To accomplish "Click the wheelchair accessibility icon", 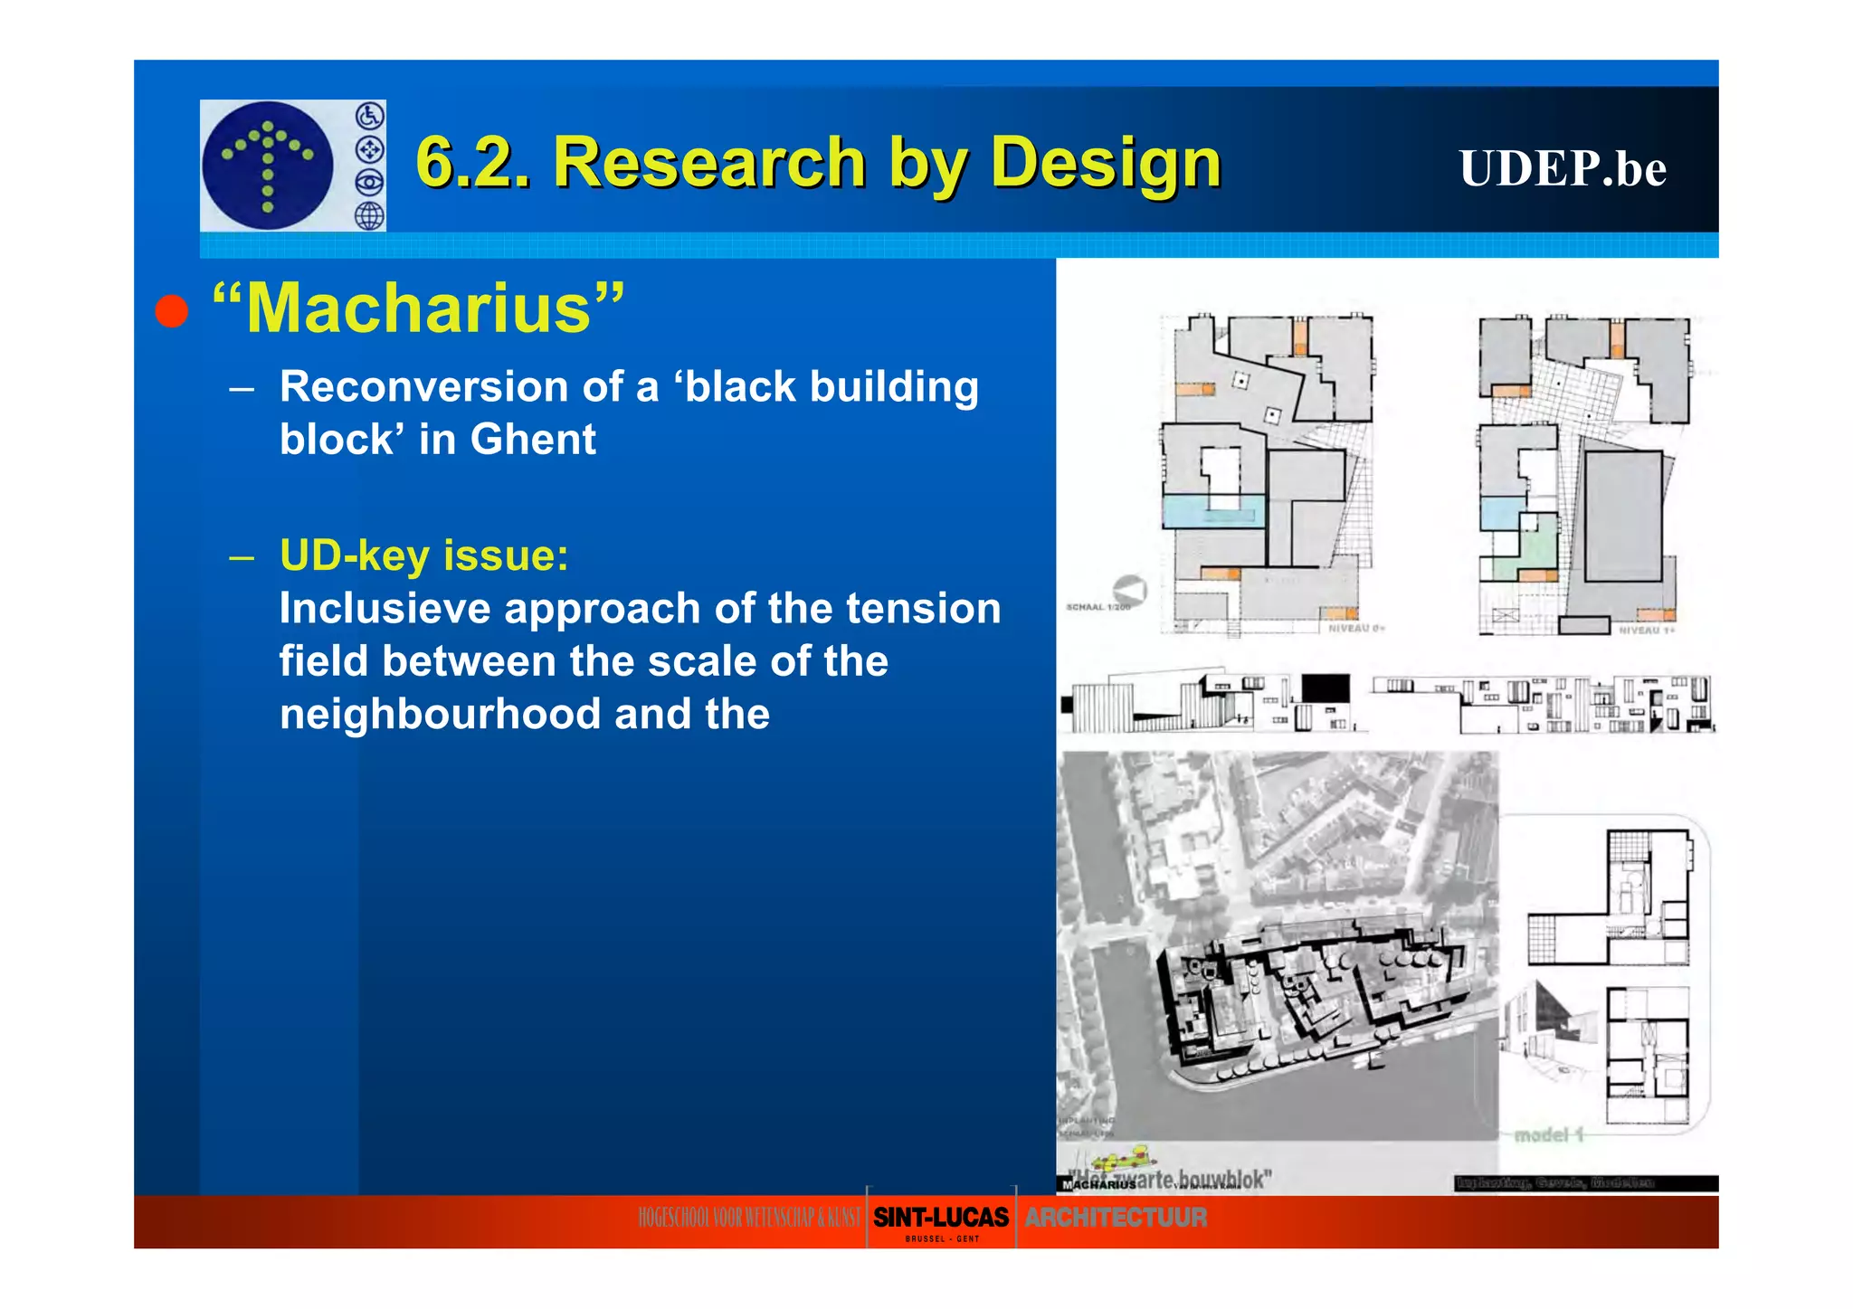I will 369,117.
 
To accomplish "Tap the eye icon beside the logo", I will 369,183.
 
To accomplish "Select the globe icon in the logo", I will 369,216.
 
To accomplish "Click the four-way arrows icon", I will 369,149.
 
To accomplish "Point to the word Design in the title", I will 1106,163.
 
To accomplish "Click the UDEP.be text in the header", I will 1562,168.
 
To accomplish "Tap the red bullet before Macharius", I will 171,311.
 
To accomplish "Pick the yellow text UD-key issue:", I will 423,555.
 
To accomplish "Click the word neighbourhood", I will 440,714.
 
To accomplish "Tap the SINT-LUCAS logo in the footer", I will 941,1219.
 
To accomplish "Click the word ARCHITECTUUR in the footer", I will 1116,1218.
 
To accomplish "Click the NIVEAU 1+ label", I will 1647,630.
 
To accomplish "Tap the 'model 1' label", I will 1548,1134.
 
